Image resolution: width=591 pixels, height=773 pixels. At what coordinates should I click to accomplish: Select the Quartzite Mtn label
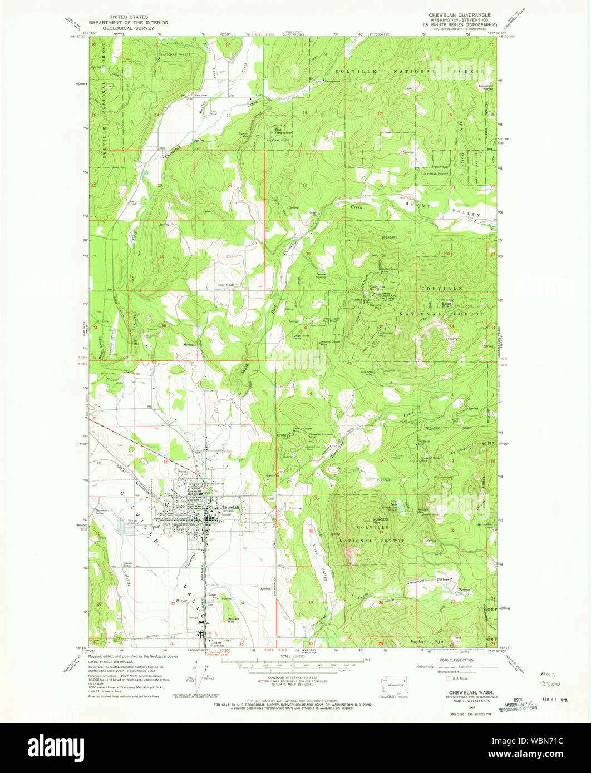point(380,521)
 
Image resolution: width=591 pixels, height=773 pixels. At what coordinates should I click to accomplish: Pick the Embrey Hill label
point(284,438)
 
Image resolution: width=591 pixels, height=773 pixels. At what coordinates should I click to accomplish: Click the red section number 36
point(230,326)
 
